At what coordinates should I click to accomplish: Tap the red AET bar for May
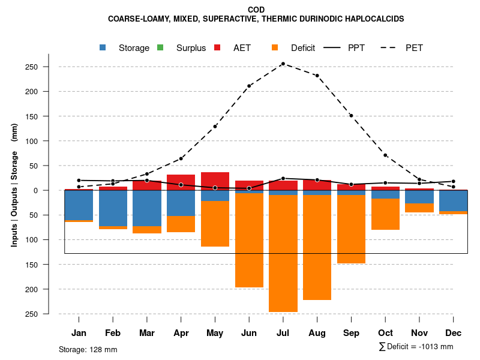click(x=215, y=181)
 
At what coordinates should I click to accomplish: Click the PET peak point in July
click(x=283, y=64)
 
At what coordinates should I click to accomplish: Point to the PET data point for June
click(x=249, y=86)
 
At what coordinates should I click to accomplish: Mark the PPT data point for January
click(x=79, y=180)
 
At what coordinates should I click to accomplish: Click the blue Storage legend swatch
click(x=103, y=47)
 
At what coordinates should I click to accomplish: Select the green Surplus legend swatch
click(x=160, y=47)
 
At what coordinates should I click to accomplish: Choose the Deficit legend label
click(x=303, y=48)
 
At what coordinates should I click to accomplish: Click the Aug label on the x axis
click(x=317, y=333)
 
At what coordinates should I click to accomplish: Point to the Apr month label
click(x=181, y=333)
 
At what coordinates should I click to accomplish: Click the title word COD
click(x=256, y=10)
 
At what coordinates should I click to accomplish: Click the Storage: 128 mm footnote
click(x=88, y=349)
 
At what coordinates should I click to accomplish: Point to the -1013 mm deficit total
click(x=436, y=347)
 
